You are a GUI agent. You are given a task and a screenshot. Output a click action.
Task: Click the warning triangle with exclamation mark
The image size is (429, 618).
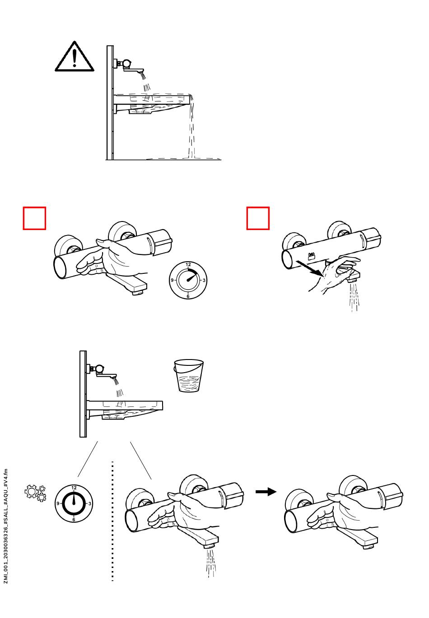75,57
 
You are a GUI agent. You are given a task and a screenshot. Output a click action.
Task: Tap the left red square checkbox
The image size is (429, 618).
35,218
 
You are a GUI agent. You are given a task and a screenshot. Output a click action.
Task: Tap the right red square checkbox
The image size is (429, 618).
258,218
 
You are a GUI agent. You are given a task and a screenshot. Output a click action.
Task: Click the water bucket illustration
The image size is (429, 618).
188,376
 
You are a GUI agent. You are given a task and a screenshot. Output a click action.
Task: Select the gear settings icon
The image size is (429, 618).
35,493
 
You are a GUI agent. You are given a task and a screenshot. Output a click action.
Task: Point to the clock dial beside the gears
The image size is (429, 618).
74,503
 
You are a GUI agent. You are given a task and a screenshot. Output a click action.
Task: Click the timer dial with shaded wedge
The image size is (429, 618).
188,280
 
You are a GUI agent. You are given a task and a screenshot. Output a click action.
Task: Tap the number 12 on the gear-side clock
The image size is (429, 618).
74,488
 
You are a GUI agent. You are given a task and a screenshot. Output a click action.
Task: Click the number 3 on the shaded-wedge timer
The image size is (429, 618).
204,280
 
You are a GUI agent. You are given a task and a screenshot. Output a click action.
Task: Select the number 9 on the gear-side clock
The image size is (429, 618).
58,503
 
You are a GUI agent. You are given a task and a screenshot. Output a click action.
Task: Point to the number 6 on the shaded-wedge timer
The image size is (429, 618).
188,296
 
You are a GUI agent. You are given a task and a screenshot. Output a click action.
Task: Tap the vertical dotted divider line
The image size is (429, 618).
112,521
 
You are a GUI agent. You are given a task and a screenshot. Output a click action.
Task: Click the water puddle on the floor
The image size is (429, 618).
185,158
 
